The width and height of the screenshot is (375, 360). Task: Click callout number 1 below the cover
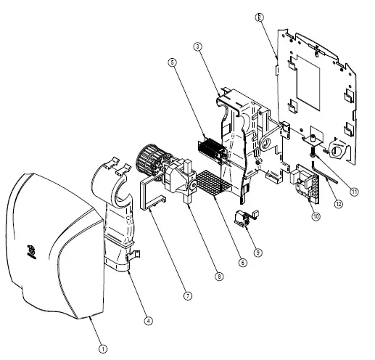[103, 348]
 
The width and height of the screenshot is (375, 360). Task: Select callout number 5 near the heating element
[173, 62]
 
